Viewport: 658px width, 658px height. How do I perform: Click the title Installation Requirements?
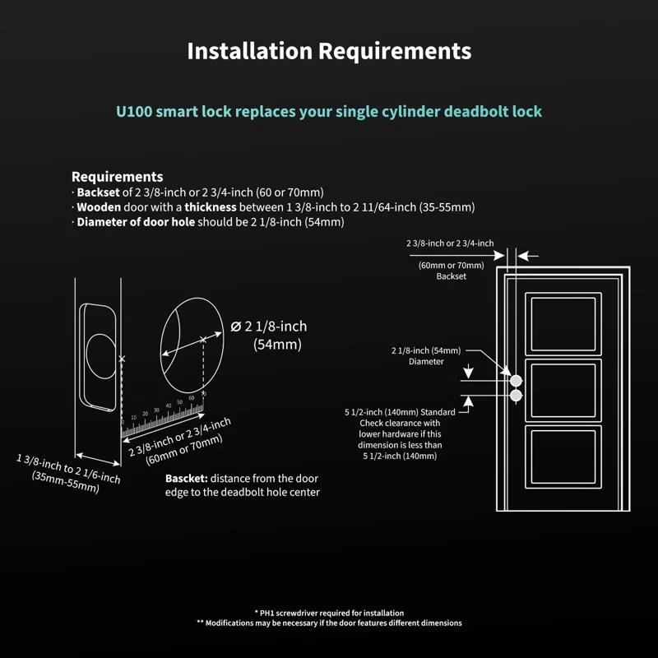coord(329,51)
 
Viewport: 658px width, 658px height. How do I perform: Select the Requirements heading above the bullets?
coord(117,177)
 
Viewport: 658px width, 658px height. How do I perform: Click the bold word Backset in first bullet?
coord(99,192)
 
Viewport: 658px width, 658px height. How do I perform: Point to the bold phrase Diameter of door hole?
coord(136,222)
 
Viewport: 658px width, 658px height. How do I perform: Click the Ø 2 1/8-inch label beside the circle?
coord(268,327)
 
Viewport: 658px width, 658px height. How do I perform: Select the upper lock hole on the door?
coord(516,381)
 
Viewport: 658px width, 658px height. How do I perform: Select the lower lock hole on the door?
coord(516,396)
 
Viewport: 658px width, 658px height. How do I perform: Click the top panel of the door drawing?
coord(563,325)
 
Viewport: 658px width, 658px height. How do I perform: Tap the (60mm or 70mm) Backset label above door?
coord(451,271)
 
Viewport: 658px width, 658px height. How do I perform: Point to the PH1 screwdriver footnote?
coord(329,613)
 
